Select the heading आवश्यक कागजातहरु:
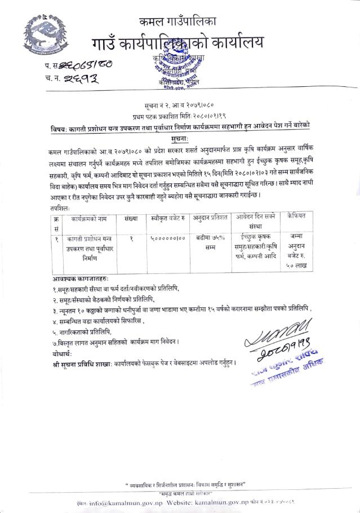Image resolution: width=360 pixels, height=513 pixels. click(79, 278)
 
